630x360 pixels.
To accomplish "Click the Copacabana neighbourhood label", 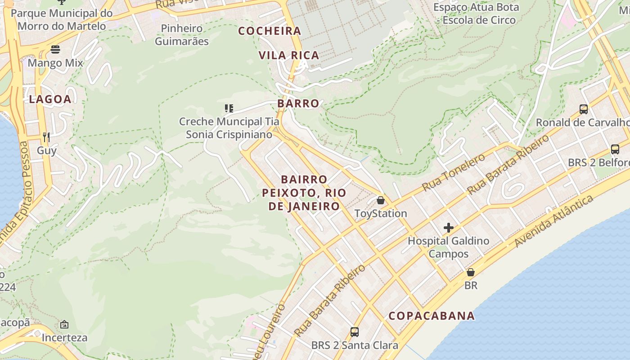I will [x=432, y=316].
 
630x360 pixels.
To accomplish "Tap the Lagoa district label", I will [x=50, y=99].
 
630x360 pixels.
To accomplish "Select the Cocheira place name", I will [x=270, y=31].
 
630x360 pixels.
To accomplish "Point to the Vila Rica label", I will [x=289, y=55].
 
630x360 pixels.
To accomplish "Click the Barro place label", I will [x=298, y=103].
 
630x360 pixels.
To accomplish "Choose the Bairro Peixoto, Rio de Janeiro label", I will [x=304, y=193].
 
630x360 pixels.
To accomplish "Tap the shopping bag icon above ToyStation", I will [x=381, y=200].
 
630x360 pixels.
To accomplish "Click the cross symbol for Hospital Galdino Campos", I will [x=448, y=228].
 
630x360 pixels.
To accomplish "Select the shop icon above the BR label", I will [x=471, y=272].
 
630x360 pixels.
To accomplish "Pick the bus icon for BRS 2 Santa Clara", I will [x=355, y=332].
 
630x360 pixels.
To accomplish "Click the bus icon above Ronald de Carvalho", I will [x=584, y=109].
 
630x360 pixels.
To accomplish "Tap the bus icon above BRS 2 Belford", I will [x=615, y=149].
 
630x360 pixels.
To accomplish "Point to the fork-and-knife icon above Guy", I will [x=46, y=137].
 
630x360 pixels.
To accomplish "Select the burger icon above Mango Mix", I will [x=55, y=49].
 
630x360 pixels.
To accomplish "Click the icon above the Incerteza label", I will [x=64, y=324].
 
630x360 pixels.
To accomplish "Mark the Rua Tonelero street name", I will [x=454, y=172].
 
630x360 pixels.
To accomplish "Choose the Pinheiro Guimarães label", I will [x=182, y=35].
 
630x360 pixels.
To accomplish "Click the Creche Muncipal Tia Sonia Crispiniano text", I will [x=229, y=128].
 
